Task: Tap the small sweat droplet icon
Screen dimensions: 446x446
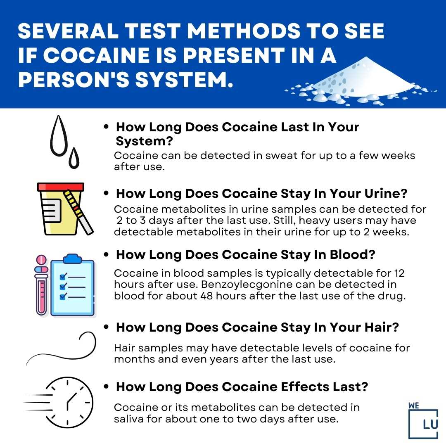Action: point(74,159)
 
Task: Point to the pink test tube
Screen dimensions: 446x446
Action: point(42,289)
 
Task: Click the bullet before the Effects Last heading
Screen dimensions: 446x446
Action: point(107,387)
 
